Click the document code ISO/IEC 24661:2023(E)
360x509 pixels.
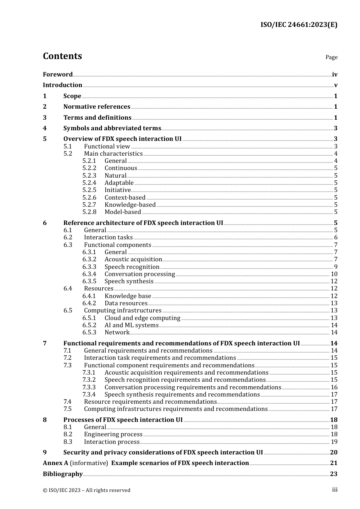tap(299, 25)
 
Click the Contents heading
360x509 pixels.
tap(62, 56)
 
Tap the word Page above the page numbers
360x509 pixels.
tap(331, 57)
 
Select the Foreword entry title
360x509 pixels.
tap(58, 75)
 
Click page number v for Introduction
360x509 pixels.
tap(335, 85)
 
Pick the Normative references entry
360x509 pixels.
tap(97, 107)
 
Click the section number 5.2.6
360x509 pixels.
tap(89, 198)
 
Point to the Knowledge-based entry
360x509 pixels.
tap(130, 205)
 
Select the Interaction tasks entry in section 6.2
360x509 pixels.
tap(108, 237)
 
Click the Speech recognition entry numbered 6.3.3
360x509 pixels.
tap(132, 267)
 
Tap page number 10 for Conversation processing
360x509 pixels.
tap(334, 274)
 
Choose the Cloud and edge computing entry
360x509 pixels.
tap(142, 318)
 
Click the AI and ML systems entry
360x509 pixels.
tap(131, 325)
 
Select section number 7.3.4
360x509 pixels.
tap(89, 395)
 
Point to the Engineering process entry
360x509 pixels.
tap(113, 434)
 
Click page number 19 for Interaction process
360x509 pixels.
tap(334, 442)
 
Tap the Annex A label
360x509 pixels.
tap(56, 463)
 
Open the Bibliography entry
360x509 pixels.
tap(63, 474)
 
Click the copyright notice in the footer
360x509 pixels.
tap(86, 490)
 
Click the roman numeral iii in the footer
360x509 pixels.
tap(335, 490)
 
